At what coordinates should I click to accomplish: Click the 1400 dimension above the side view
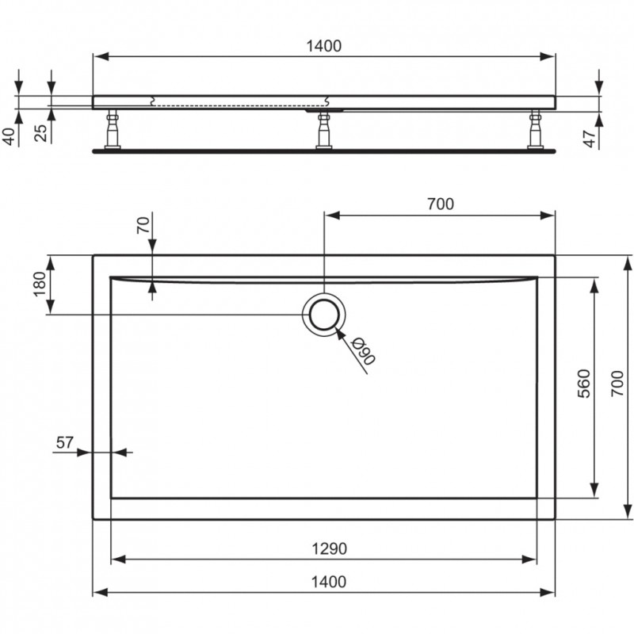323,46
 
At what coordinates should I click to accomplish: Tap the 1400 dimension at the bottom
328,582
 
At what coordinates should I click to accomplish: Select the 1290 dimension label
329,548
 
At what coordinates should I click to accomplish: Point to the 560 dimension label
584,384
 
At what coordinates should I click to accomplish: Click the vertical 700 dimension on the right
617,384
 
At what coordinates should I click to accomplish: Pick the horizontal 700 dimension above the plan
441,204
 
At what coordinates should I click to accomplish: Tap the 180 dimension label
40,284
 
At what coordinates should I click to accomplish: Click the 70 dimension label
143,225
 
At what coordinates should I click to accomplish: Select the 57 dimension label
65,443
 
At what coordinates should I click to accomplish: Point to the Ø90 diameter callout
363,350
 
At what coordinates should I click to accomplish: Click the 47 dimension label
590,139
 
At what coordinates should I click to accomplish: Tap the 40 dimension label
9,136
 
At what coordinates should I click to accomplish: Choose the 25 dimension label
40,132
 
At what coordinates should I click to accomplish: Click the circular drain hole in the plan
324,315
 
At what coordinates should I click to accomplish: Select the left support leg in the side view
113,129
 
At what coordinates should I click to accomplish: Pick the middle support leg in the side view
324,130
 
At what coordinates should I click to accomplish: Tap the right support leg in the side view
536,129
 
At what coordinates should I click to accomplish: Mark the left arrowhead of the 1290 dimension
118,560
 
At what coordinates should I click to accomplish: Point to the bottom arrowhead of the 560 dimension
594,491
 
